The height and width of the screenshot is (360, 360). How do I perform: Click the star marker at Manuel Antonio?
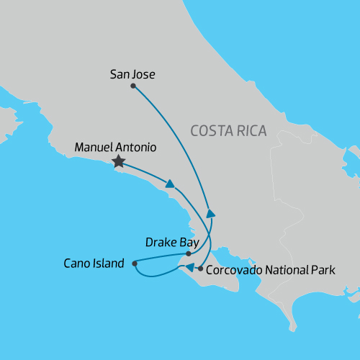[x=118, y=163]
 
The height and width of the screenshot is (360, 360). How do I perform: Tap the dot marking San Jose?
[x=133, y=86]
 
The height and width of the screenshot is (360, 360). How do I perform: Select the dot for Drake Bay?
[x=188, y=253]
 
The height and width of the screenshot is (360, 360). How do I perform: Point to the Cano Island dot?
[x=135, y=263]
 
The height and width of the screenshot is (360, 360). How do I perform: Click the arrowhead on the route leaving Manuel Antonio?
[x=171, y=184]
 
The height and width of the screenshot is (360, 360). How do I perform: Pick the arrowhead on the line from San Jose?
[x=210, y=213]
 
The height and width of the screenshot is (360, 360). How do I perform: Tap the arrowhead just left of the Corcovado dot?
[x=189, y=268]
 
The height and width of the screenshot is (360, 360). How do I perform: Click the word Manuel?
[x=95, y=148]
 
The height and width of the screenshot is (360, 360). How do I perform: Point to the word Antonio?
[x=137, y=148]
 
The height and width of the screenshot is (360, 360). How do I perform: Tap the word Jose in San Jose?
[x=144, y=73]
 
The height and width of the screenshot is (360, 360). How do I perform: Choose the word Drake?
[x=160, y=242]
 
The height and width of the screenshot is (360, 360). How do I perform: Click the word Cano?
[x=78, y=263]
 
